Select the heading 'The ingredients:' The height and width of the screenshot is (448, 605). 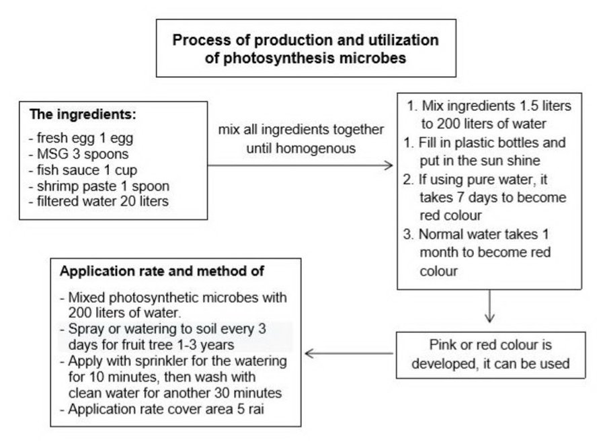pos(83,114)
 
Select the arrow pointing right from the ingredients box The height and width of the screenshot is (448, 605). pos(300,165)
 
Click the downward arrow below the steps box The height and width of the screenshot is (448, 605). pos(489,306)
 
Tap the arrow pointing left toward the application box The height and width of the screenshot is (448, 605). pos(349,353)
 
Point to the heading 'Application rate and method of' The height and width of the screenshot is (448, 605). pos(162,271)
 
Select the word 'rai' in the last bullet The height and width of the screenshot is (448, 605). pos(256,409)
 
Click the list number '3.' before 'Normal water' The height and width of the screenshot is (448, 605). pos(409,234)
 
